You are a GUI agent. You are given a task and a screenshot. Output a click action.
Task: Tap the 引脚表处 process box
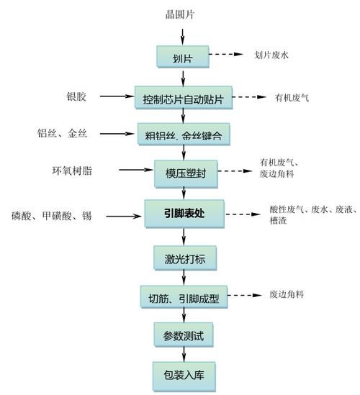click(184, 212)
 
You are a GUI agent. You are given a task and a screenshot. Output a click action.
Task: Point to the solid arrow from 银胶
click(117, 96)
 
